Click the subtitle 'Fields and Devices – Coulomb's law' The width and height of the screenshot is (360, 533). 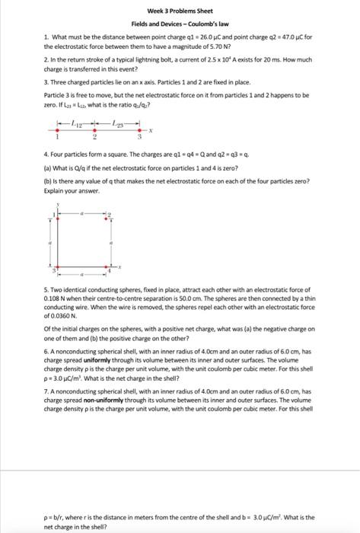pos(180,24)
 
